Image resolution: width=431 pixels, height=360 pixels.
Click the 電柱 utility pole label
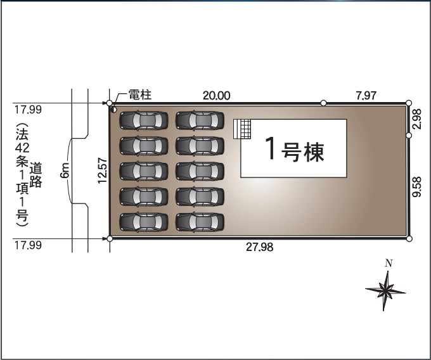coord(139,95)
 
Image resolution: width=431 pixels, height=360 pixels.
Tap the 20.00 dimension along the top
coord(217,95)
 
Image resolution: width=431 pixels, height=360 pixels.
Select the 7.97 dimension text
coord(366,95)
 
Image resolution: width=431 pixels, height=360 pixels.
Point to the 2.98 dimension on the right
coord(416,119)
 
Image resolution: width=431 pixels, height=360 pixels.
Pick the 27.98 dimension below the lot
coord(259,247)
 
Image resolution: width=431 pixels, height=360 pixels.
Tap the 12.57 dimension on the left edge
coord(102,170)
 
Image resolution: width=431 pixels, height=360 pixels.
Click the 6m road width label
coord(65,170)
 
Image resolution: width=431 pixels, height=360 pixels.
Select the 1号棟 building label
coord(293,151)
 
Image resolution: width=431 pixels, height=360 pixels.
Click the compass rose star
coord(385,290)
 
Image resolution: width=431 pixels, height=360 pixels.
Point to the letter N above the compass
coord(389,263)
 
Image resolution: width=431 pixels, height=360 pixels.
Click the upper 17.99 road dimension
coord(28,110)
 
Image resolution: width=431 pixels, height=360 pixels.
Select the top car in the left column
coord(144,120)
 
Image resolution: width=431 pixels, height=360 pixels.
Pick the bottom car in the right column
coord(200,221)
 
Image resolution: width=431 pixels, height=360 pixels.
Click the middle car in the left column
coord(144,170)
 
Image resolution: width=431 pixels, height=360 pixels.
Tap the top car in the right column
coord(200,120)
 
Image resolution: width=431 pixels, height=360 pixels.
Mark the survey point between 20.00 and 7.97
coord(324,103)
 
